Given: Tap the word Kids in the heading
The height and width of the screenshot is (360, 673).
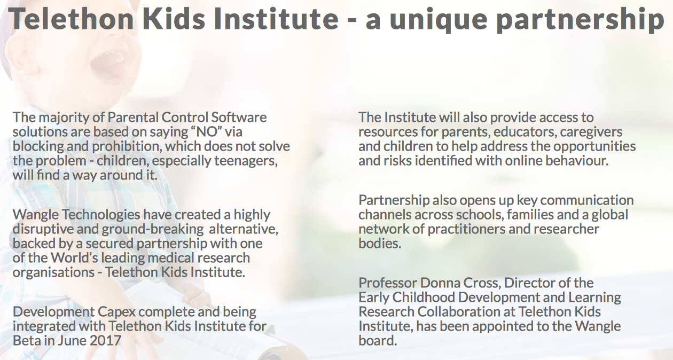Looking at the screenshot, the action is [x=174, y=18].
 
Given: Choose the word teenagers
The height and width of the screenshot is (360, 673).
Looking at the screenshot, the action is [x=246, y=161].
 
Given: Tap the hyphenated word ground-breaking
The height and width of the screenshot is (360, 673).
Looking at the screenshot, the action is [x=153, y=229].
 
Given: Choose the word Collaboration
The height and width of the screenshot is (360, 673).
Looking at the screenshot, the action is [x=457, y=311].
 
